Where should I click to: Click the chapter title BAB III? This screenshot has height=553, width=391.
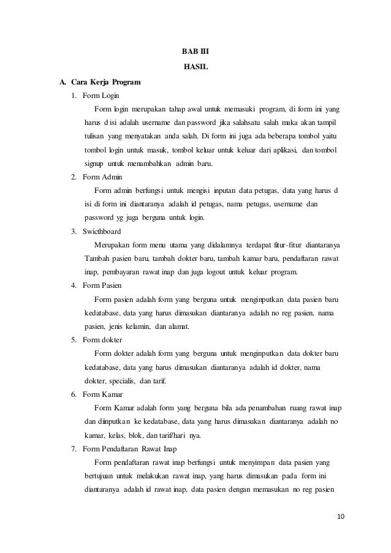point(195,52)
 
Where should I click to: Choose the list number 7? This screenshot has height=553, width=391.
point(74,449)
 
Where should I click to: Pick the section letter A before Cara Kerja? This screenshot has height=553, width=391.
point(61,81)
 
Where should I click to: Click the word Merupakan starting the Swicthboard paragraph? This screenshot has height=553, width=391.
point(114,245)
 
